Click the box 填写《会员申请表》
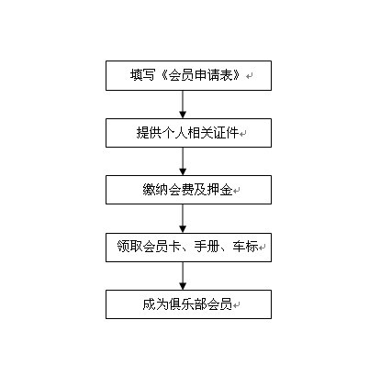coord(188,75)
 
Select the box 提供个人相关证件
coord(188,133)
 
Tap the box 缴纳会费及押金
coord(188,190)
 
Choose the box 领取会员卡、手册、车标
coord(188,248)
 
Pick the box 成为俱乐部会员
coord(188,304)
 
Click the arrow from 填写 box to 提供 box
coord(183,105)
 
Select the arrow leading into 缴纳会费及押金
coord(183,161)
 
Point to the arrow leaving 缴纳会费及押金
coord(183,218)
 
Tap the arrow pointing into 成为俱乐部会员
coord(183,276)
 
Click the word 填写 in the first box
coord(142,75)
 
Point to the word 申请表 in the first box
coord(213,75)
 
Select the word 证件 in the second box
coord(226,133)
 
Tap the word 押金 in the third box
coord(219,190)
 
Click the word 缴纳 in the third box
coord(155,190)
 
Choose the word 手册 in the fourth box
coord(207,247)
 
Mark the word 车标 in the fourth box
coord(245,247)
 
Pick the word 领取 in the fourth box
coord(129,247)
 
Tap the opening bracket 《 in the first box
coord(162,75)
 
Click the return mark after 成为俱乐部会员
coord(236,305)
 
